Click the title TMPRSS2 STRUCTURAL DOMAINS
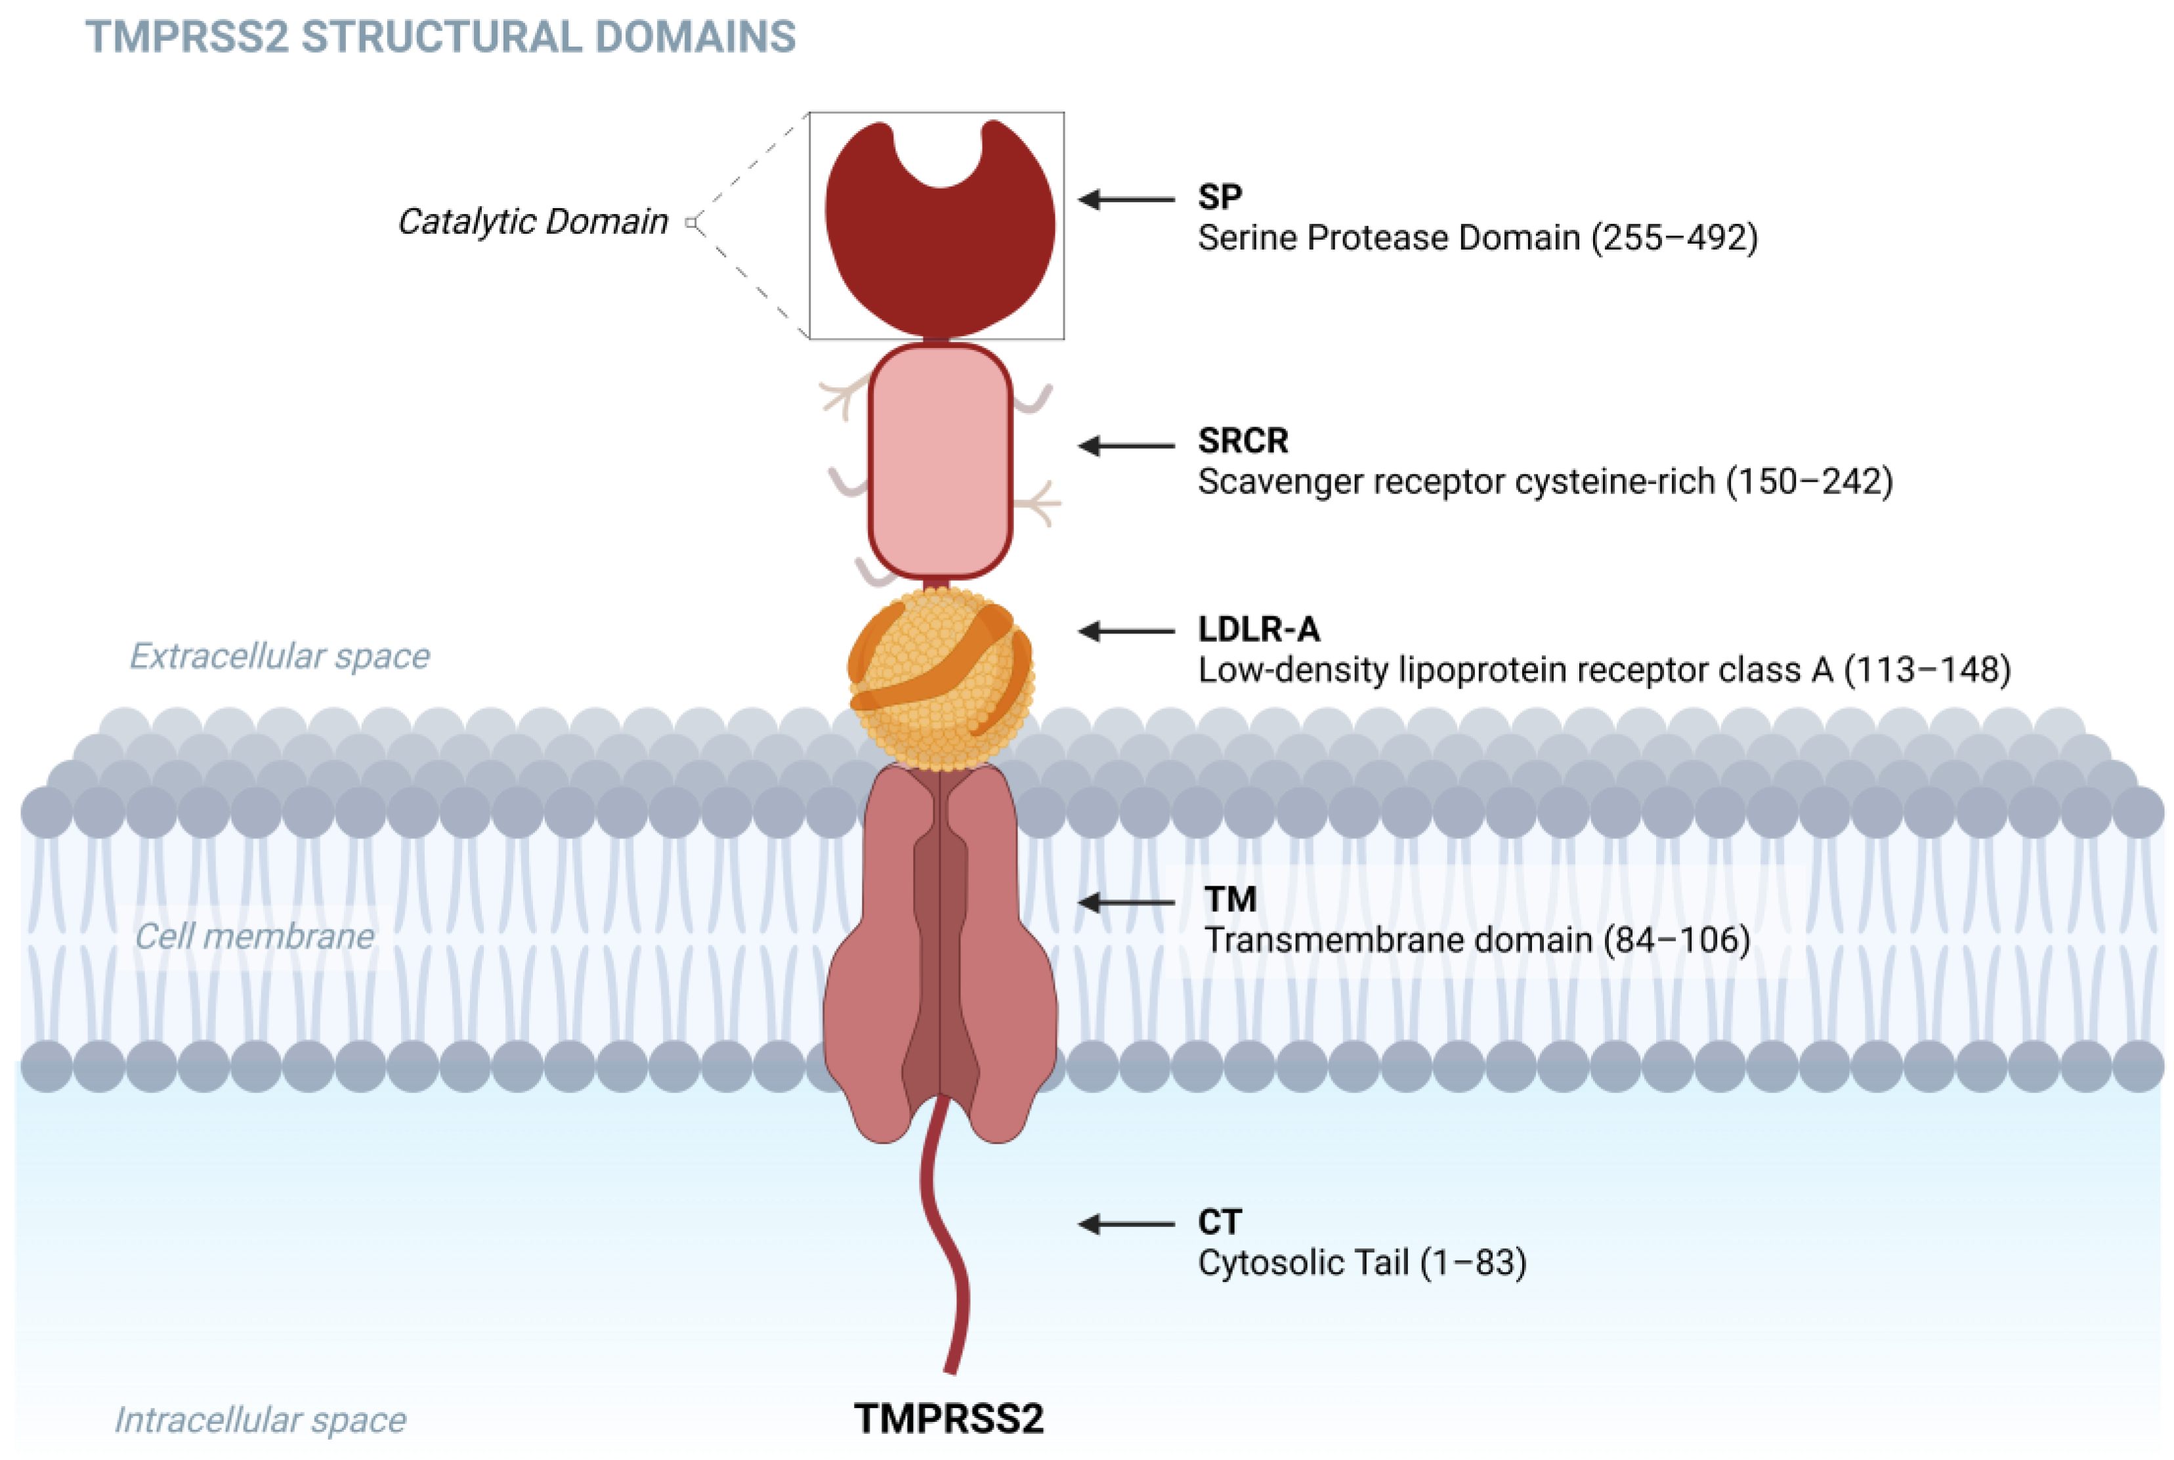(x=440, y=37)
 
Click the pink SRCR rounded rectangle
(x=939, y=461)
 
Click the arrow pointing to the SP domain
(x=1126, y=200)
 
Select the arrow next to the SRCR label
(x=1126, y=446)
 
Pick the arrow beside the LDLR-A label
(x=1126, y=632)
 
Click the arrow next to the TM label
(x=1126, y=902)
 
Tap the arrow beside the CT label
(x=1126, y=1224)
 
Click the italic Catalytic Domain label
(x=532, y=222)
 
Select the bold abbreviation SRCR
(x=1242, y=440)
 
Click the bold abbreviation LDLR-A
(x=1258, y=630)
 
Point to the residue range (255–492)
(x=1673, y=238)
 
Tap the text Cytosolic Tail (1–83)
(x=1361, y=1262)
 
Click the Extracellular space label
(x=280, y=656)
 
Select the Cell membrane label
(x=254, y=935)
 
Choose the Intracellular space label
(x=260, y=1420)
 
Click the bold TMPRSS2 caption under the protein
(x=948, y=1418)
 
